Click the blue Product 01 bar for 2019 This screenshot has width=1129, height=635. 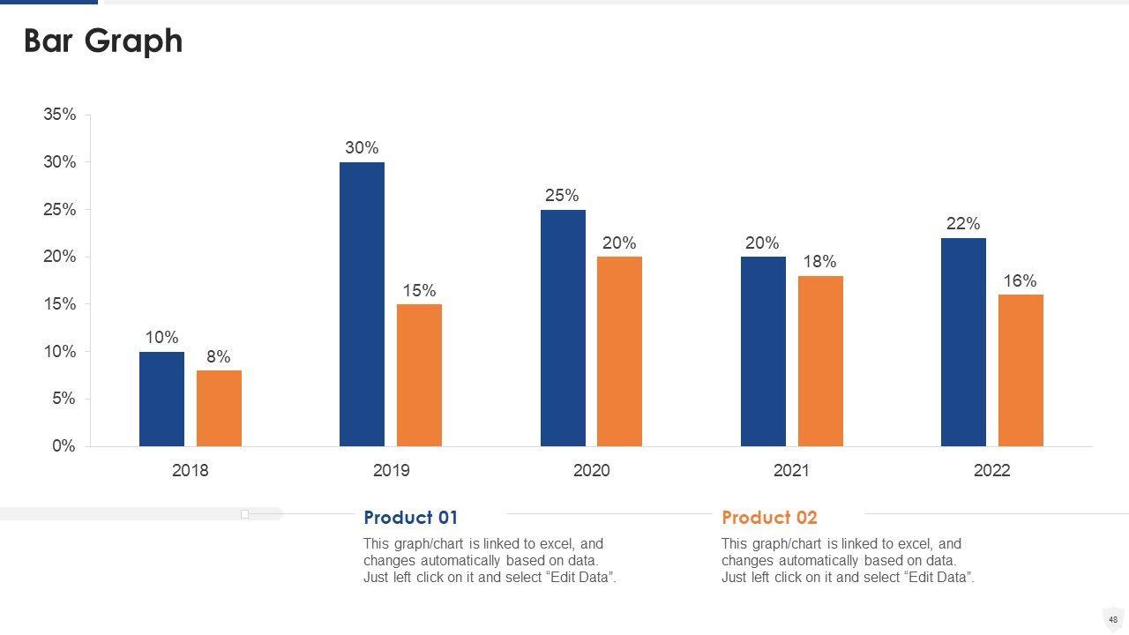(362, 304)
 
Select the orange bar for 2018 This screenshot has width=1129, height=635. (219, 408)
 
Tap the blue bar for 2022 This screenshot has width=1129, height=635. (963, 342)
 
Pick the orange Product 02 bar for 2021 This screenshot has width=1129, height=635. (820, 362)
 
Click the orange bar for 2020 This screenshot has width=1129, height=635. (619, 351)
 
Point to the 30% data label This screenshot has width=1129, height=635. (362, 148)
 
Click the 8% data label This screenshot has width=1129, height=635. (219, 356)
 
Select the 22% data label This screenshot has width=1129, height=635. (963, 224)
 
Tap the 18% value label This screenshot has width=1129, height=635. (820, 262)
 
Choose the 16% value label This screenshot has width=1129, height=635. (1020, 281)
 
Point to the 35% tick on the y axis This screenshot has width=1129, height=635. (60, 115)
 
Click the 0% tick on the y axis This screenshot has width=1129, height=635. (64, 446)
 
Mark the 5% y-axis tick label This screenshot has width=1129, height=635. (64, 399)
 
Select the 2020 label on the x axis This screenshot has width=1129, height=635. (591, 471)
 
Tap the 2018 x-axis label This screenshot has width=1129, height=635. (191, 471)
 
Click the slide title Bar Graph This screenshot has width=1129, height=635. (103, 41)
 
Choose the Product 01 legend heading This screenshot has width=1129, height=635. (411, 518)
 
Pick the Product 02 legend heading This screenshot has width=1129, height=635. (769, 518)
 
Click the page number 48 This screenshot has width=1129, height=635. (1113, 619)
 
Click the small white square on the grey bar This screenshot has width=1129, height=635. (245, 514)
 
